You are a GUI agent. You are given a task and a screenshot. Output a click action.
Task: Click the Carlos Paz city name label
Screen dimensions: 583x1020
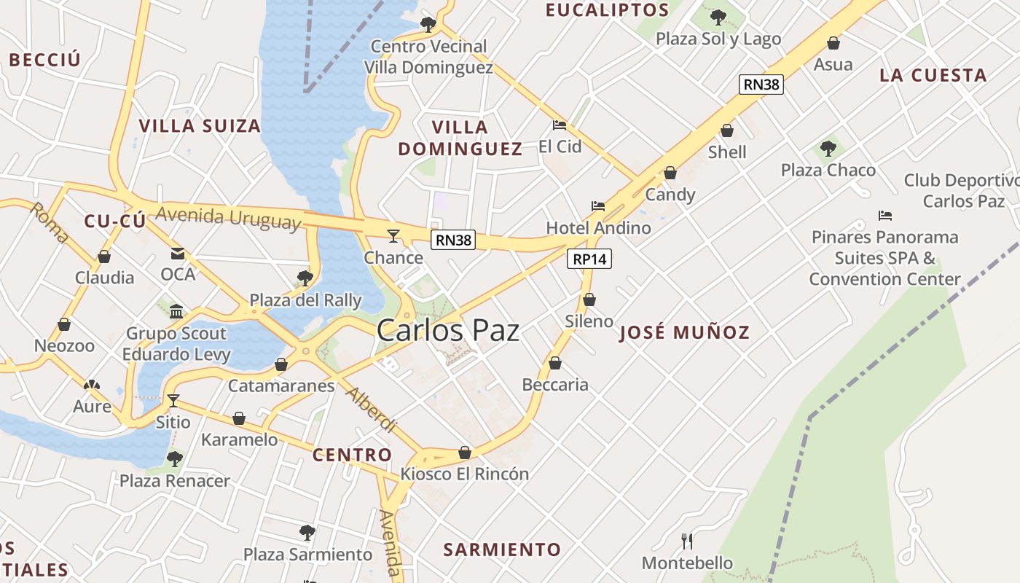[448, 330]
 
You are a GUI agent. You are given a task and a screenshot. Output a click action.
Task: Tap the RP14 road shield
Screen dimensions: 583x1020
[589, 259]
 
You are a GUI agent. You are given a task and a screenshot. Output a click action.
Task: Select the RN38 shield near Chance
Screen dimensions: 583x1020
[452, 240]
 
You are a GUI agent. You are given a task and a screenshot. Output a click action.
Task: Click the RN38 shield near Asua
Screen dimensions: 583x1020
[761, 85]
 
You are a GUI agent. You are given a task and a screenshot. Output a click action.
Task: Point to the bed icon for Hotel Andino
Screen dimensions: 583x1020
[598, 206]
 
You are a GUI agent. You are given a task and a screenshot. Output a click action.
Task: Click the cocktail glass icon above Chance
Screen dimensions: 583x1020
[393, 235]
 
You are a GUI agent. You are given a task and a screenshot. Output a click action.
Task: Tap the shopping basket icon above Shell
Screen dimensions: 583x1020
[726, 130]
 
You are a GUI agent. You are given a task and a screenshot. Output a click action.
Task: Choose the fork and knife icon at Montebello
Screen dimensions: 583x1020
[686, 541]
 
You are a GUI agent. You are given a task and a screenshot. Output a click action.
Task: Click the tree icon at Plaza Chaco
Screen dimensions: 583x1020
[828, 149]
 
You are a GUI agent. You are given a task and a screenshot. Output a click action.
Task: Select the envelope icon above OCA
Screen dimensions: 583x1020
[178, 254]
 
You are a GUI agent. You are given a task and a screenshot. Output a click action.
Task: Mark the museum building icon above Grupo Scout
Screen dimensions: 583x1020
[176, 312]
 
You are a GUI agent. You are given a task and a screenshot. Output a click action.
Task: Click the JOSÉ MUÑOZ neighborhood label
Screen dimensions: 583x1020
[684, 333]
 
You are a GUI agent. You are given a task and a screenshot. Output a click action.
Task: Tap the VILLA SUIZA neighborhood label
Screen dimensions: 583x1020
[200, 126]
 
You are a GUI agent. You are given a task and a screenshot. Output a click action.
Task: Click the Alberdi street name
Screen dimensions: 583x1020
[372, 410]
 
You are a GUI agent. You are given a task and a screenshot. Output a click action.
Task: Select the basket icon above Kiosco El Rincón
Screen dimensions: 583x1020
[465, 453]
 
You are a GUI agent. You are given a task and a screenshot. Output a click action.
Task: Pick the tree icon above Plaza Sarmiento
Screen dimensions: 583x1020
[307, 533]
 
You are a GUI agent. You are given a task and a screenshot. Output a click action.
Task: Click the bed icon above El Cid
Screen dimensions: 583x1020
[560, 125]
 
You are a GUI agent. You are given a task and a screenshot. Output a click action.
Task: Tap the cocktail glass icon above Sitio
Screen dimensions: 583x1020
[173, 400]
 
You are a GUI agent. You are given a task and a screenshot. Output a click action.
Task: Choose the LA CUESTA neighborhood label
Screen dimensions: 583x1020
[933, 75]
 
